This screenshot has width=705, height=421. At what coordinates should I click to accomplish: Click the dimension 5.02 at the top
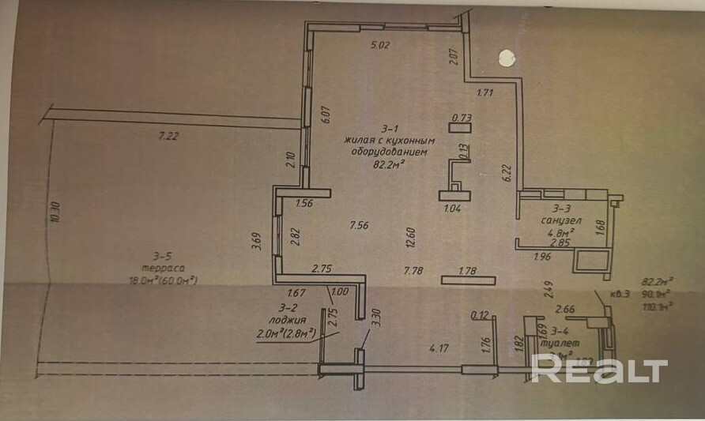pos(382,45)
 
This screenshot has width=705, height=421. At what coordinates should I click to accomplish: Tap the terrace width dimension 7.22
pos(168,136)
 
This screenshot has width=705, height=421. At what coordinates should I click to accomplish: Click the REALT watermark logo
pos(599,369)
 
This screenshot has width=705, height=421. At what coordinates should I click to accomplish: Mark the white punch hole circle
pos(506,58)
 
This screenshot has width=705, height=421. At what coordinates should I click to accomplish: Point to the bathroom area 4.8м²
pos(560,233)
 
